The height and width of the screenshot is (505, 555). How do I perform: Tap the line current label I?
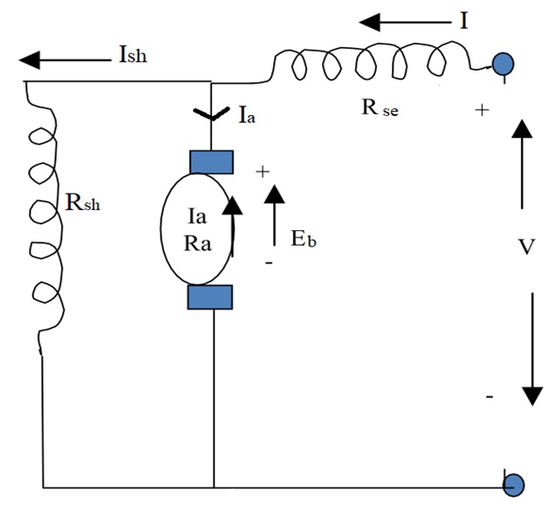click(463, 19)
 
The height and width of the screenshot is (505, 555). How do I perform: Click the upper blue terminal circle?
click(503, 63)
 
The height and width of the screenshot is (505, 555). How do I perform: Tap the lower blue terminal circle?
click(515, 484)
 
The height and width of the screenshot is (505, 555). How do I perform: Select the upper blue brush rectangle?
click(211, 163)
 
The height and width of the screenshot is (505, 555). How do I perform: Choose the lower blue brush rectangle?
click(211, 297)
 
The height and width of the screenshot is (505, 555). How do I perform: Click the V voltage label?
click(526, 248)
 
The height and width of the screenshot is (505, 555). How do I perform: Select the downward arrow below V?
click(530, 349)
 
